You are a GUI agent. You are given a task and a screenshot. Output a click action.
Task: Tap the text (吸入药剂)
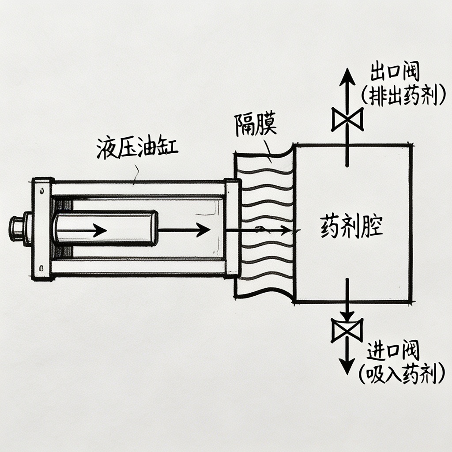pyautogui.click(x=400, y=375)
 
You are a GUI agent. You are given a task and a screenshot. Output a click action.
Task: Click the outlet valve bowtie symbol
pyautogui.click(x=347, y=119)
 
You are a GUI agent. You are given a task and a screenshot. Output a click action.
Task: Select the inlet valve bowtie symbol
pyautogui.click(x=347, y=330)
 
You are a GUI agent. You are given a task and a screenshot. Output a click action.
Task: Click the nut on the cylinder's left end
pyautogui.click(x=16, y=229)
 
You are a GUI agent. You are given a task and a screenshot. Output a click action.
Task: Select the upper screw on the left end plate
pyautogui.click(x=41, y=191)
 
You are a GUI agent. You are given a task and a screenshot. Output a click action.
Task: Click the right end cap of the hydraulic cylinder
pyautogui.click(x=231, y=228)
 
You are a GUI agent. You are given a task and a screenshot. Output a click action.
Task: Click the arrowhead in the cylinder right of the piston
pyautogui.click(x=203, y=230)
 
